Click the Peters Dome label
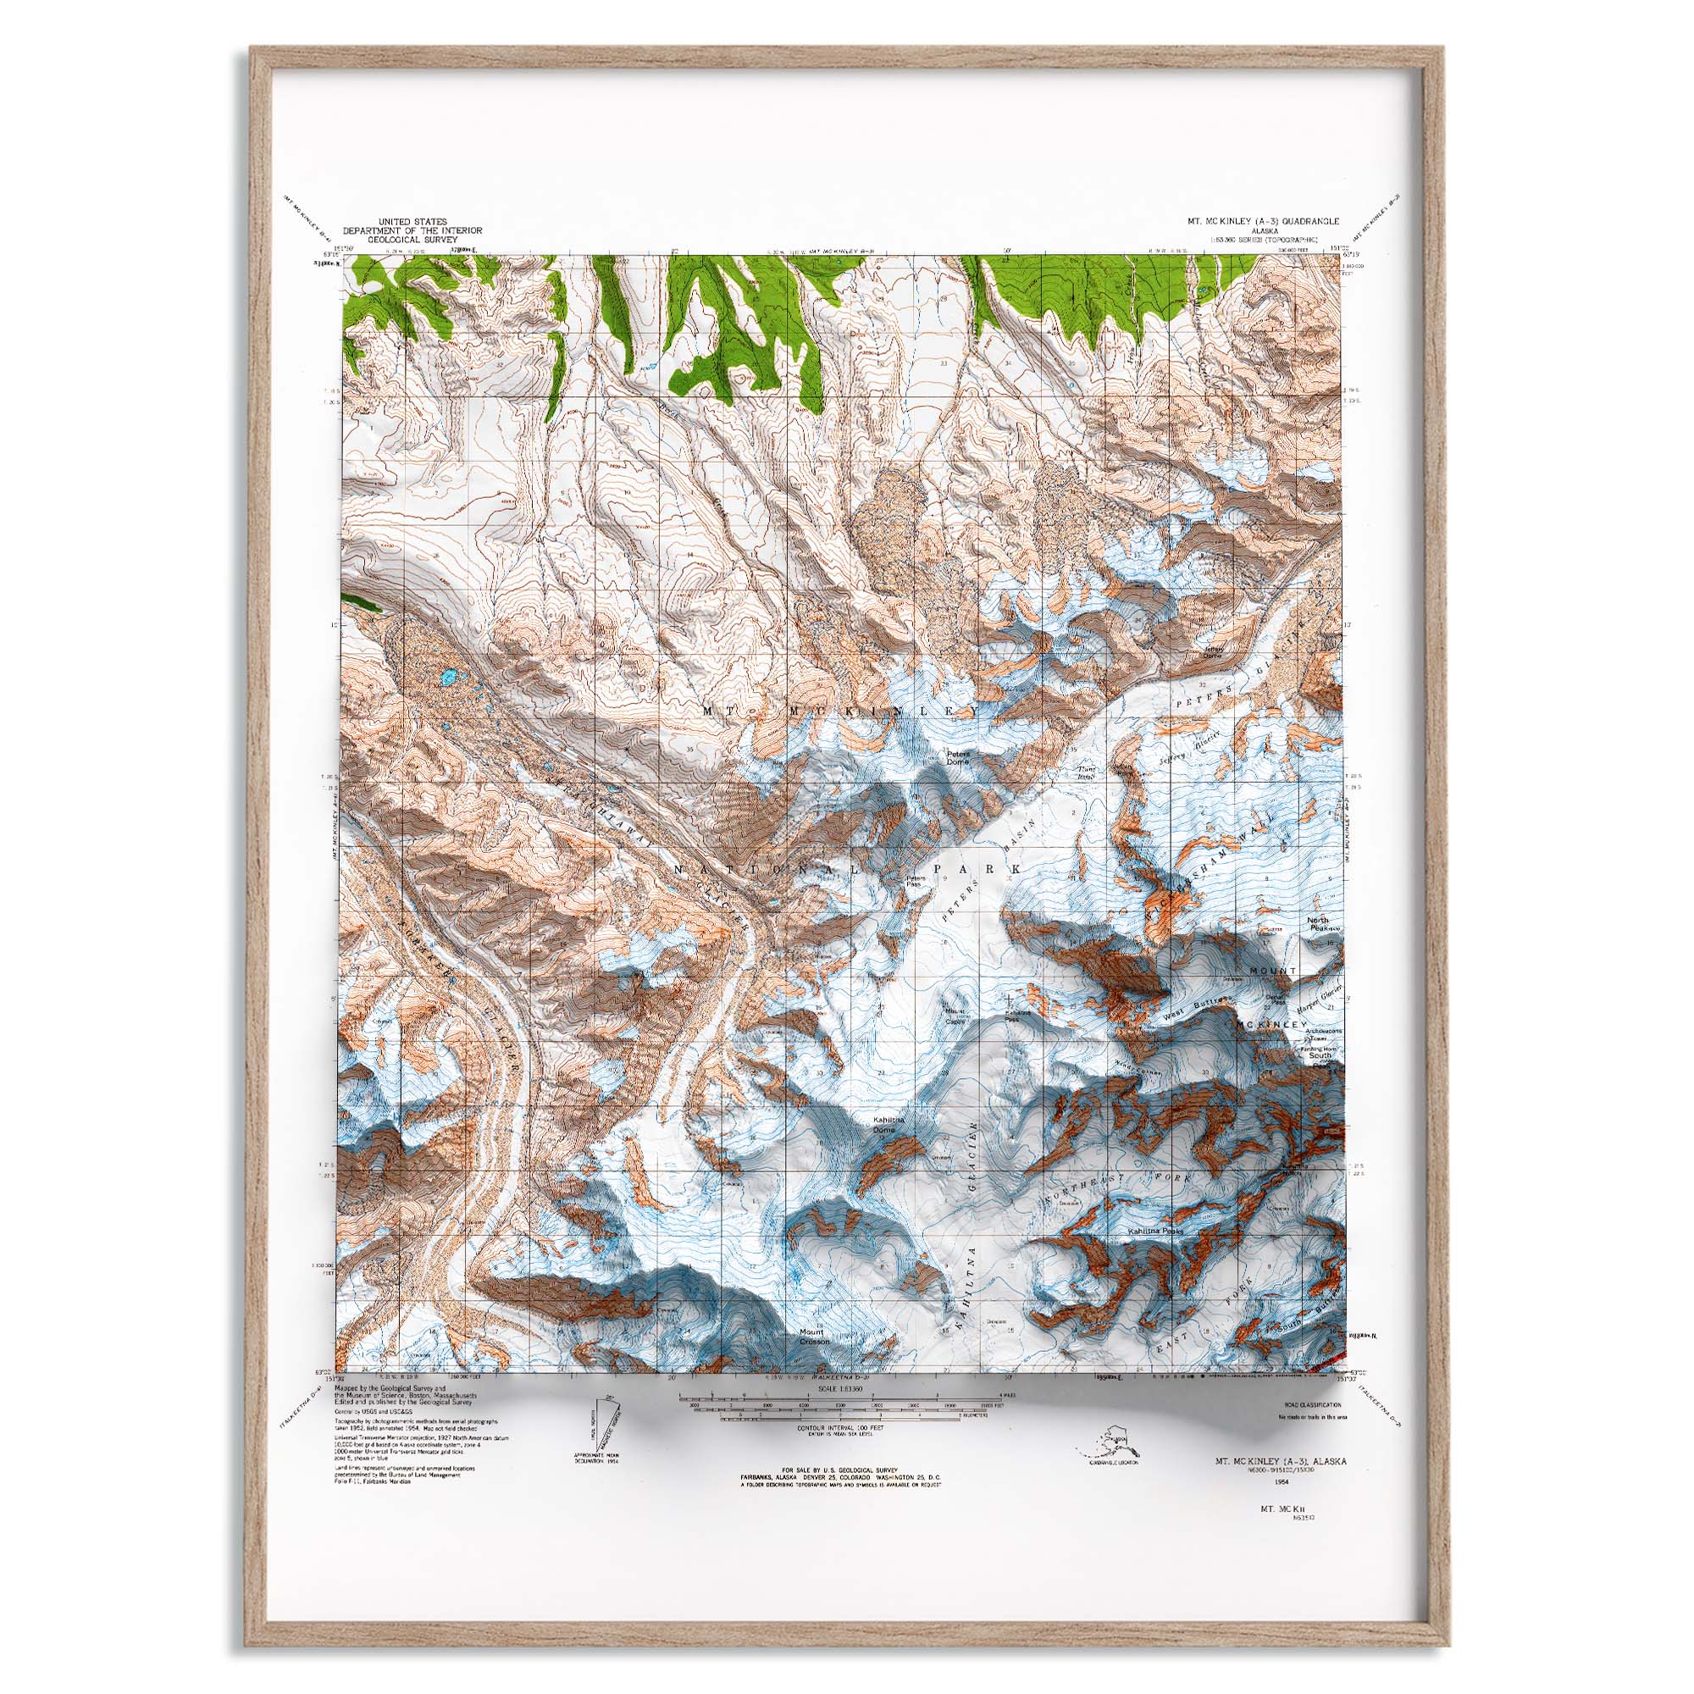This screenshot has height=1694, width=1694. coord(957,756)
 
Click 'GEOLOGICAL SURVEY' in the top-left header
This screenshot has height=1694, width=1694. coord(413,239)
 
